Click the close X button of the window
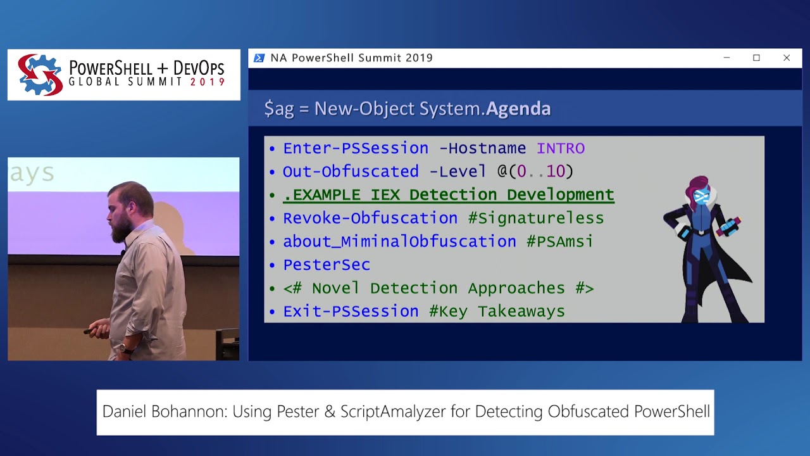(787, 58)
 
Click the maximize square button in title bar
(756, 58)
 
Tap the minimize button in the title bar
(726, 58)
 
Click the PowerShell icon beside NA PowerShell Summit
(259, 58)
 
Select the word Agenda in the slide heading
(518, 109)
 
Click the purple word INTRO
(560, 148)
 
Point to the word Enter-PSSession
(356, 148)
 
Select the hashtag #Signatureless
(535, 218)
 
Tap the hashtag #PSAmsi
(559, 242)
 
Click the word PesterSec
(327, 265)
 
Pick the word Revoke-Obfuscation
(370, 218)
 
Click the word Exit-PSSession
(351, 312)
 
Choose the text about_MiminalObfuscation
(399, 242)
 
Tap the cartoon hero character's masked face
(701, 197)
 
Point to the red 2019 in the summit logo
(207, 82)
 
